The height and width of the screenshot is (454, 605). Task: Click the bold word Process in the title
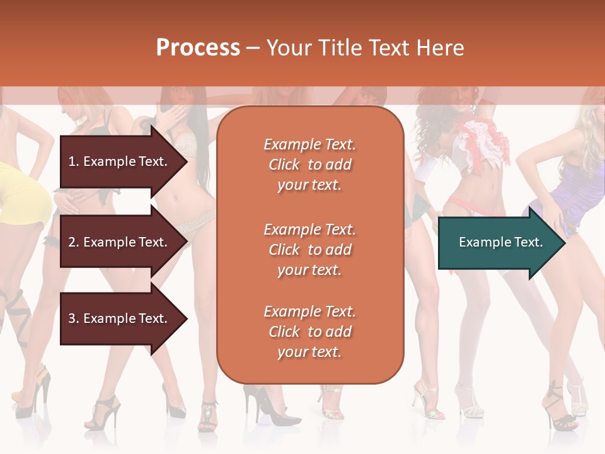[198, 48]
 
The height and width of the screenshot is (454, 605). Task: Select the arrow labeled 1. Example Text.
[120, 161]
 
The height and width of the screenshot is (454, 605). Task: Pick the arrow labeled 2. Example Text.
[120, 242]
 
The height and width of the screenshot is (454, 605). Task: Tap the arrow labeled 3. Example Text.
[120, 318]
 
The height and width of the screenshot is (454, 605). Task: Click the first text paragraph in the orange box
[309, 165]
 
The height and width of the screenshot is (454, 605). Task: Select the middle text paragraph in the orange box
[309, 250]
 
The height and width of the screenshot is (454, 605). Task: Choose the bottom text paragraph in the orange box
[309, 332]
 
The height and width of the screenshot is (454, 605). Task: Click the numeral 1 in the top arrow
[71, 161]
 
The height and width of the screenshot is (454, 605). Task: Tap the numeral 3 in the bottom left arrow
[72, 318]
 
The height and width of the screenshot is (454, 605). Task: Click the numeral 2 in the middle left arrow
[72, 242]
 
